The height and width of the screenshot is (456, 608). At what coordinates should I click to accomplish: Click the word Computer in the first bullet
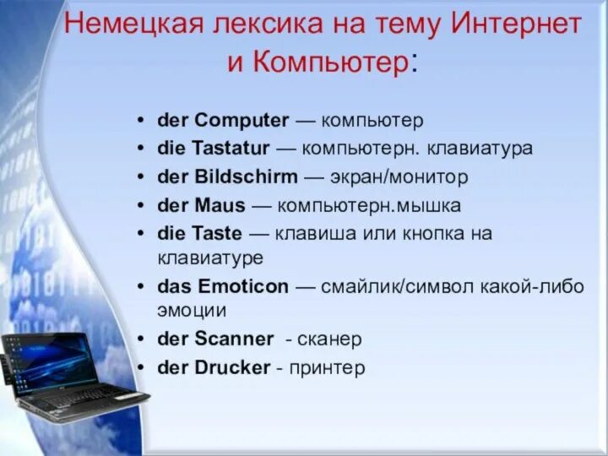click(242, 121)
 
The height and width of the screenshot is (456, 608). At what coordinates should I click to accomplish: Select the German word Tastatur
click(231, 148)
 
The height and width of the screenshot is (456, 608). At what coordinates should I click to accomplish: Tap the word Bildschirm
click(246, 176)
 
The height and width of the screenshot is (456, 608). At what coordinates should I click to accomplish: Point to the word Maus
click(220, 205)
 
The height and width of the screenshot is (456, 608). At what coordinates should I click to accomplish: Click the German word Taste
click(217, 233)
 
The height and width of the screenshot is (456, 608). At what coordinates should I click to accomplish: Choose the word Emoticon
click(243, 286)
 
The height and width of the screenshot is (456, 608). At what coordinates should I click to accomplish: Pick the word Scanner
click(234, 339)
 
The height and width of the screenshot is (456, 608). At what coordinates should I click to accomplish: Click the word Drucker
click(232, 367)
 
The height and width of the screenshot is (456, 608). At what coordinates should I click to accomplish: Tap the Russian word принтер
click(327, 368)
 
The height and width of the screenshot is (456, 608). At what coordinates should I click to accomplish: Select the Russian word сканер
click(329, 339)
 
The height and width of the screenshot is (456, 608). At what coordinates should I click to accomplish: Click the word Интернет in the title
click(516, 24)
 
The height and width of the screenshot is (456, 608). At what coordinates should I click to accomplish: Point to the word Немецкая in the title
click(134, 24)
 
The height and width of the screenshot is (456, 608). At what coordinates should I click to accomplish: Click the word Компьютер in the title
click(330, 62)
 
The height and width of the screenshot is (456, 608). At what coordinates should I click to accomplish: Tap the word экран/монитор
click(399, 177)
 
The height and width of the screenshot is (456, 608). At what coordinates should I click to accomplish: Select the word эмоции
click(192, 311)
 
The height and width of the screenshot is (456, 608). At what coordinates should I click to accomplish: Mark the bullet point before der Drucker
click(141, 367)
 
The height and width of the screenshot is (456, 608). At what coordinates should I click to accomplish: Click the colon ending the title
click(414, 63)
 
